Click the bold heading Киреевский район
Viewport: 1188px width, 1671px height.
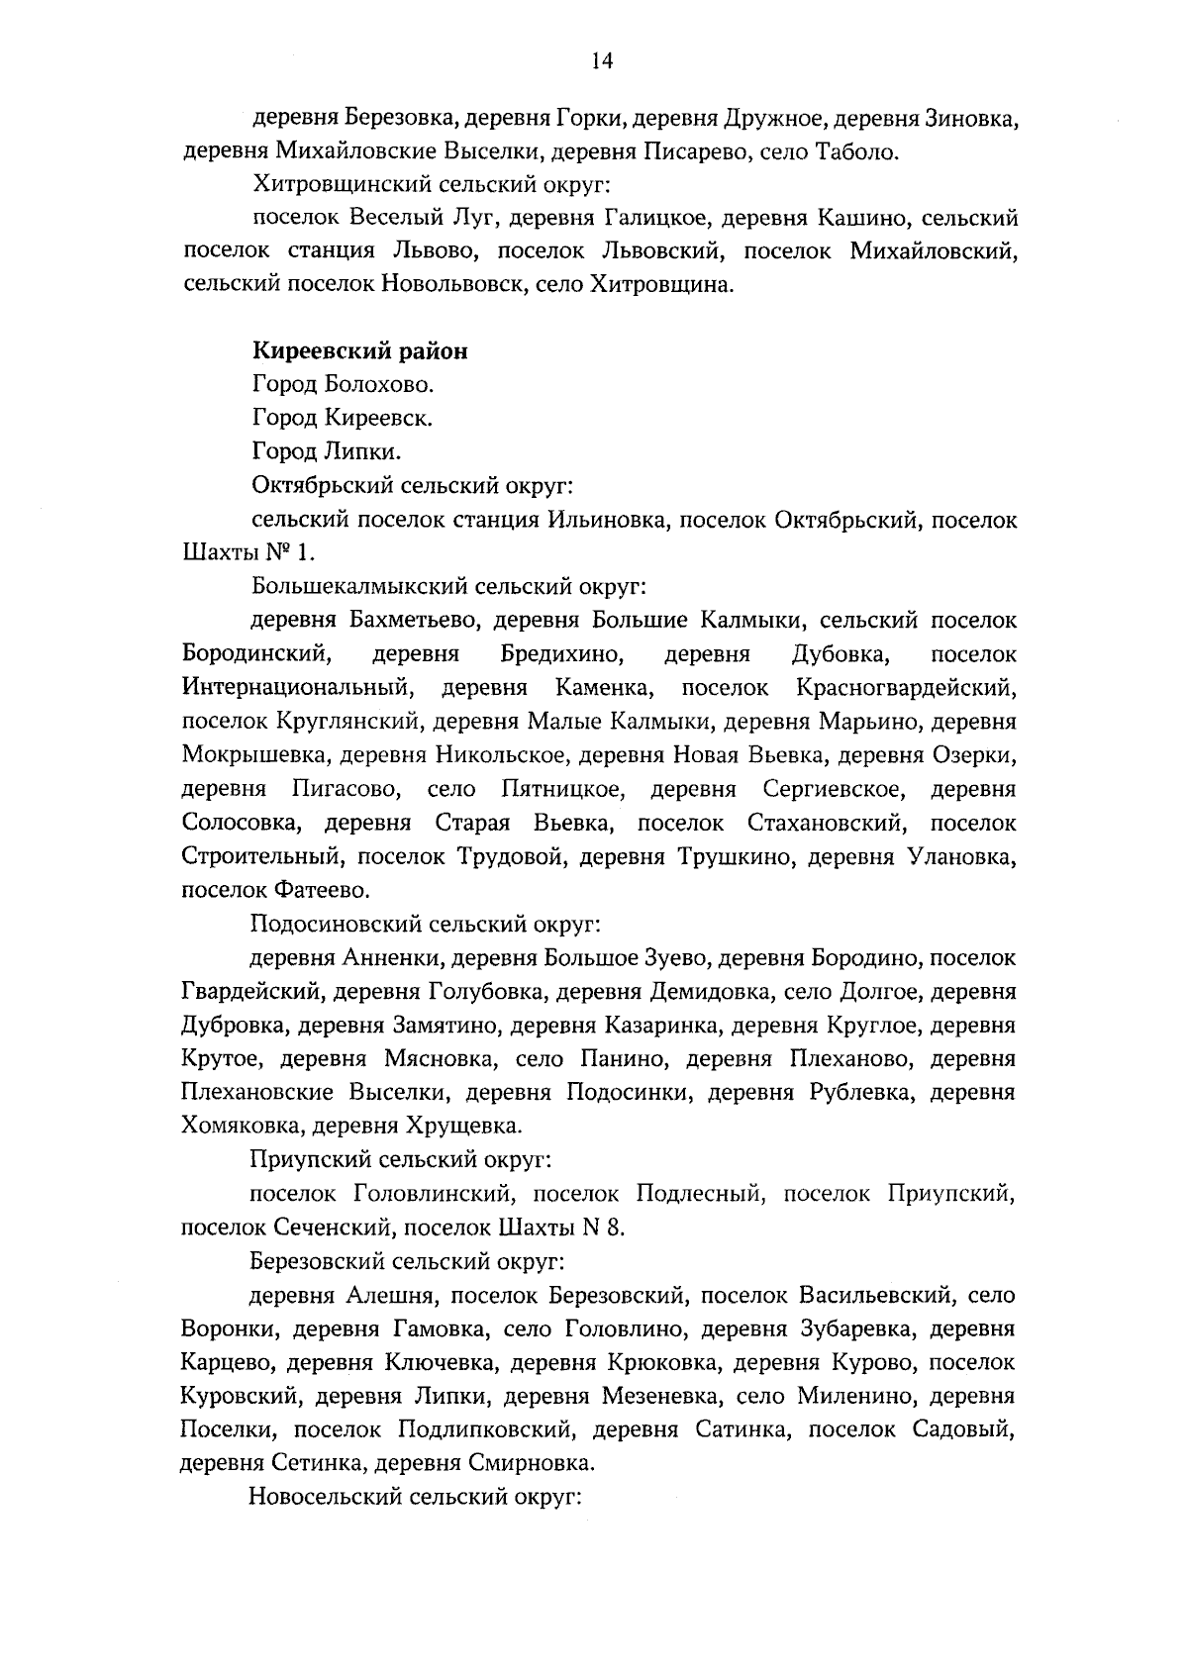pos(360,351)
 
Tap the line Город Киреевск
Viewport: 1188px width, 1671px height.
pos(343,418)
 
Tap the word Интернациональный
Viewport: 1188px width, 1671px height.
pos(297,688)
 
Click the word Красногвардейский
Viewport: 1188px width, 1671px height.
pos(905,688)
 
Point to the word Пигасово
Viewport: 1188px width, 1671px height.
pos(346,790)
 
